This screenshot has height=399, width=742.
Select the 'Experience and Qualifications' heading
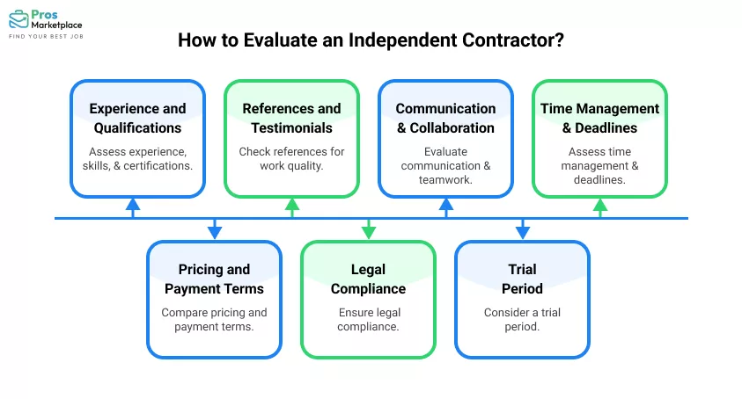coord(137,118)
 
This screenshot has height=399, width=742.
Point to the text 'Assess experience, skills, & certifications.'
coord(137,159)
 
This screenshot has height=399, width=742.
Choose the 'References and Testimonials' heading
coord(291,118)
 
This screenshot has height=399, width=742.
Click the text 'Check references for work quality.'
coord(291,159)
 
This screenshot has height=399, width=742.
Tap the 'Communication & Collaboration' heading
coord(445,118)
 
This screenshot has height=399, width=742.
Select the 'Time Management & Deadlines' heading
coord(599,118)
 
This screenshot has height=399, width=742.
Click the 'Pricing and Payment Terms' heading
coord(214,279)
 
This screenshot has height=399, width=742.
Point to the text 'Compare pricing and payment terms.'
coord(214,319)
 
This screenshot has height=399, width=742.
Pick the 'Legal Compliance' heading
coord(368,279)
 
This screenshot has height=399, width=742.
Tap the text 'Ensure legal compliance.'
coord(368,319)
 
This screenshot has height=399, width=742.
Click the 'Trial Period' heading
coord(522,279)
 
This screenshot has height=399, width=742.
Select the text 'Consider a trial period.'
coord(522,319)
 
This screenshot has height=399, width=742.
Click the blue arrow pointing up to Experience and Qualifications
coord(132,207)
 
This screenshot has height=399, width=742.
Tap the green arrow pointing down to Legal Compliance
coord(368,230)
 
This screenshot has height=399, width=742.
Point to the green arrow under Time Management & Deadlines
coord(599,207)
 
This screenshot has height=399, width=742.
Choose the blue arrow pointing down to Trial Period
coord(522,230)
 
